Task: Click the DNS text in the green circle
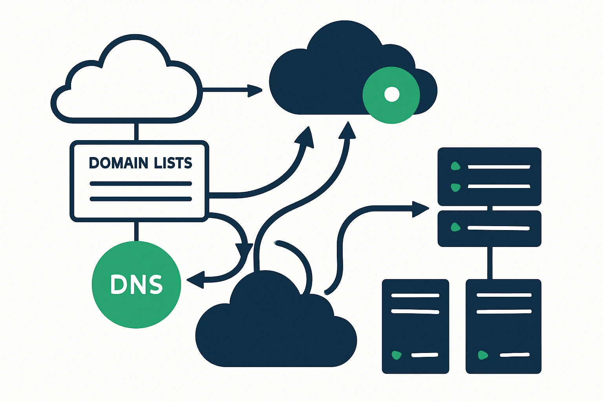136,284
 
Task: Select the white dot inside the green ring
391,94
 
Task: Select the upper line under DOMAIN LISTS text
141,183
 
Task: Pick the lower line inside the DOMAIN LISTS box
141,199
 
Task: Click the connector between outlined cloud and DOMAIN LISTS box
136,132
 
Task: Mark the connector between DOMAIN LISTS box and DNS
136,231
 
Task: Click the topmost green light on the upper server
455,166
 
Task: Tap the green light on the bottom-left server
397,355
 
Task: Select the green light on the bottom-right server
482,355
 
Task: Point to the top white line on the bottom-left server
415,295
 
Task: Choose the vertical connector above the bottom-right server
490,263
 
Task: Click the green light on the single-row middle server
455,227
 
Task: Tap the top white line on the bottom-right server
504,295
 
